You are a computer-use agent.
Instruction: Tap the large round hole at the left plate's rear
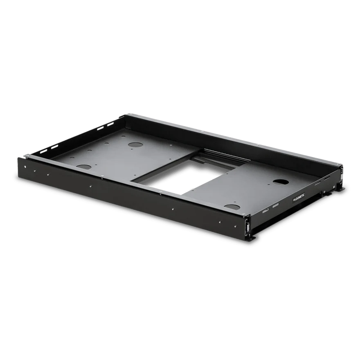point(134,145)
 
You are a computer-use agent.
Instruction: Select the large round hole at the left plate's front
point(83,167)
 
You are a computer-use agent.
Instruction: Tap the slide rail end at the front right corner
point(248,225)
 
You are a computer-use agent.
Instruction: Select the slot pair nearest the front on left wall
point(54,145)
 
